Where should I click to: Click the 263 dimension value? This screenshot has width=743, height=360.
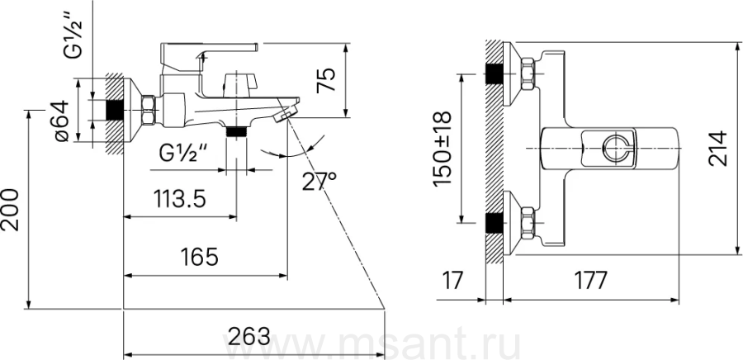pos(248,337)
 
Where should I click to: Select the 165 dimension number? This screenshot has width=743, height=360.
pos(200,257)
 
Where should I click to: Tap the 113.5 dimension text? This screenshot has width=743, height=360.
pos(180,198)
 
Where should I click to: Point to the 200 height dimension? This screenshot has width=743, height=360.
pos(11,210)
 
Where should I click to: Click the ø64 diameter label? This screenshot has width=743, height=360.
pos(62,121)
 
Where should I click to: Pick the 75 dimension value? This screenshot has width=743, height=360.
pos(326,79)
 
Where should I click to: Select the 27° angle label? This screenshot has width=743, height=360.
pos(319,181)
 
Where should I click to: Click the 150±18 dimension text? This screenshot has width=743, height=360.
pos(443,149)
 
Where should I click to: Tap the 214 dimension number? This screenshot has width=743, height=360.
pos(717,149)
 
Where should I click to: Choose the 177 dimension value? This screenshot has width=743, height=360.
pos(590,281)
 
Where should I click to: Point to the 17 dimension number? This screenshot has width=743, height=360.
pos(454,281)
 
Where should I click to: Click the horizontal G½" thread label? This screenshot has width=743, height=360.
pos(184,154)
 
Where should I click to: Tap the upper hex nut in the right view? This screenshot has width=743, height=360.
pos(528,73)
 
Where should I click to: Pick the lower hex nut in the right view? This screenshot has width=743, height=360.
pos(528,223)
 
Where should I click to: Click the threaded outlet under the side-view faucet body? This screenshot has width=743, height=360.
pos(236,131)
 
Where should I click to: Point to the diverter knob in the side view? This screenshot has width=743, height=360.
pos(239,84)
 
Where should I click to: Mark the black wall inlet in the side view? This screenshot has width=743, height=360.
pos(114,110)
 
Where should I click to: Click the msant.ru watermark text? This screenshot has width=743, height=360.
pos(372,345)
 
